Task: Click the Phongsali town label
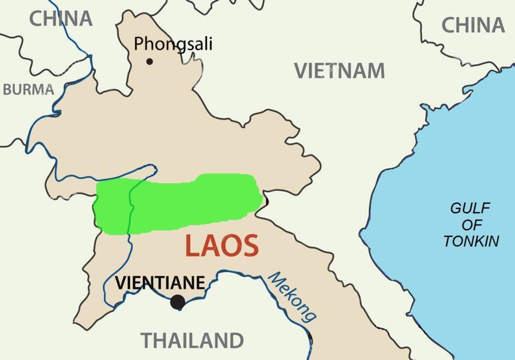pos(173,44)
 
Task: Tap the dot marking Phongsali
pos(149,61)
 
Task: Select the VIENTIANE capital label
pos(160,283)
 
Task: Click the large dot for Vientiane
pos(178,302)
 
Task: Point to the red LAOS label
pos(222,246)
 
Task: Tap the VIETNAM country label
pos(339,70)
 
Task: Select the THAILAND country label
pos(192,340)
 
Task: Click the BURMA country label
pos(28,89)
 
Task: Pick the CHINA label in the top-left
pos(60,18)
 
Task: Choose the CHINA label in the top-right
pos(472,25)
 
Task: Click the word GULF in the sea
pos(470,208)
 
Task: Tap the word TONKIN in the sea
pos(471,241)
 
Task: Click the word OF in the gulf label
pos(471,225)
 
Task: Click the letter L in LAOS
pos(193,246)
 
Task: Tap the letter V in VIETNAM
pos(301,70)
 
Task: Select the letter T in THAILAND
pos(146,340)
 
